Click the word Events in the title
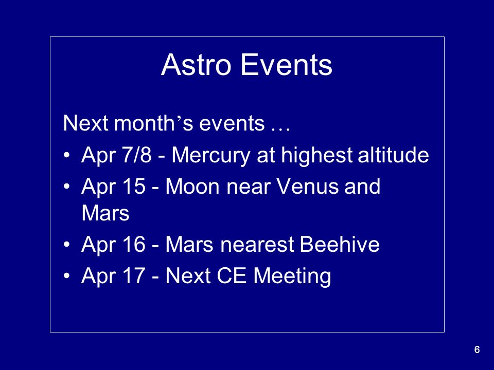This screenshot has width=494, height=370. click(x=287, y=65)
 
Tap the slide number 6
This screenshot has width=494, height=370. click(x=477, y=349)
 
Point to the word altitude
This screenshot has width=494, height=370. click(x=393, y=155)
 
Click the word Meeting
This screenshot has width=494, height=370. click(x=292, y=276)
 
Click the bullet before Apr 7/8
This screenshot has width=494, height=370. click(x=66, y=155)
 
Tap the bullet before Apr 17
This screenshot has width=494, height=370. click(x=66, y=276)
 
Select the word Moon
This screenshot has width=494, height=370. click(x=192, y=186)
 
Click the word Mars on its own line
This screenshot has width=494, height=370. click(x=105, y=213)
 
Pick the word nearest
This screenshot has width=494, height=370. click(x=257, y=245)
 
